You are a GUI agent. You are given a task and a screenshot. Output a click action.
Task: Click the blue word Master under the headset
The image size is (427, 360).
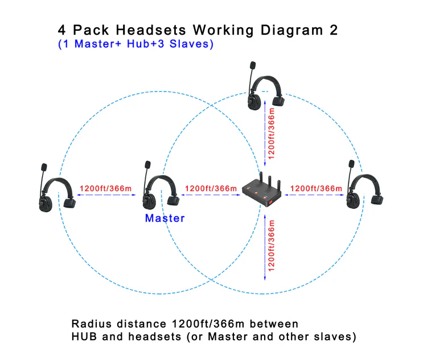tap(165, 218)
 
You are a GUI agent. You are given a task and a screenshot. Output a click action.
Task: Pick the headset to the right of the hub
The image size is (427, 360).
tap(364, 188)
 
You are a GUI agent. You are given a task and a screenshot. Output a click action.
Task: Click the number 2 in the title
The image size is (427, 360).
tap(333, 30)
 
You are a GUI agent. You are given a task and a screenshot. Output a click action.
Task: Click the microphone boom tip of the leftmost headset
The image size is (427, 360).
tap(43, 168)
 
